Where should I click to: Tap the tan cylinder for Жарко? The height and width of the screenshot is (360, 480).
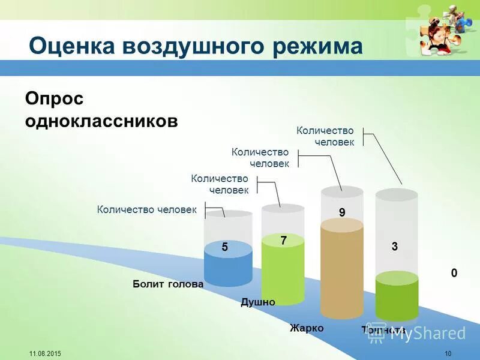click(342, 270)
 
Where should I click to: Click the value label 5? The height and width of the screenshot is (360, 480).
click(224, 247)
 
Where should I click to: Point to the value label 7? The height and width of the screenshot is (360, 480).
click(283, 240)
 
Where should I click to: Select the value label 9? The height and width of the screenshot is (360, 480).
click(342, 212)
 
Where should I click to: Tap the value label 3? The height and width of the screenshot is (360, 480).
click(395, 247)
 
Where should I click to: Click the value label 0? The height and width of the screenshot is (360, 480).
click(454, 273)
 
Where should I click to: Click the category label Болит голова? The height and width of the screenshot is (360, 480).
click(168, 284)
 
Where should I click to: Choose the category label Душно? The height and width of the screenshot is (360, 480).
click(258, 302)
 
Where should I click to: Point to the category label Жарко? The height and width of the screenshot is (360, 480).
click(307, 328)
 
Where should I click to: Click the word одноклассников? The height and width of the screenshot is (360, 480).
click(101, 121)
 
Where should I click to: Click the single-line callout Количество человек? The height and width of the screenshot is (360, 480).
click(147, 209)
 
